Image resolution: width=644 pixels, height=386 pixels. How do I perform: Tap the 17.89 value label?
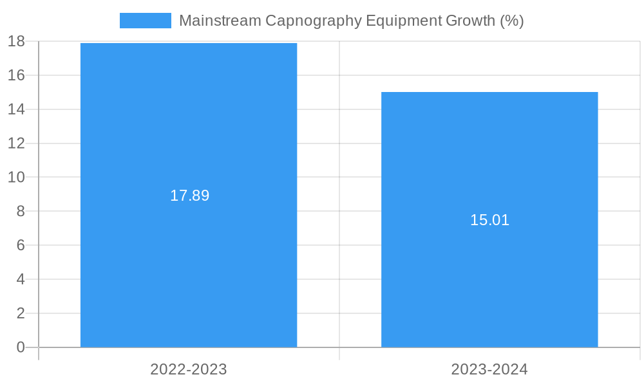tap(189, 196)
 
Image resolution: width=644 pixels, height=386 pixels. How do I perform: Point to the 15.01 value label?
tap(489, 220)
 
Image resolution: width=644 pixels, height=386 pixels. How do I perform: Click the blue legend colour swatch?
tap(146, 21)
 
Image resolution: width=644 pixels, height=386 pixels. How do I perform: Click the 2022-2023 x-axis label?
tap(189, 369)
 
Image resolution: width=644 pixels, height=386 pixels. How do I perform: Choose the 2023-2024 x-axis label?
tap(489, 369)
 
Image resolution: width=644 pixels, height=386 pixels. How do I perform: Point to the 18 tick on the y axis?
tap(16, 41)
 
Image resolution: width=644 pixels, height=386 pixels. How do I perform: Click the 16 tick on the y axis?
tap(16, 75)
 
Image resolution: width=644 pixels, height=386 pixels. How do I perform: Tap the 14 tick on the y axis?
tap(16, 109)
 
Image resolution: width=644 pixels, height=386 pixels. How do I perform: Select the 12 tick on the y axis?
tap(16, 143)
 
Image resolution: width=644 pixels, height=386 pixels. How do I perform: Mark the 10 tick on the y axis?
tap(16, 177)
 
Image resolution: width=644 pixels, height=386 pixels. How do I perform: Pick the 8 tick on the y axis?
tap(21, 211)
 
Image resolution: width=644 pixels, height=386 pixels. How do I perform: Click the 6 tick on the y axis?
tap(21, 245)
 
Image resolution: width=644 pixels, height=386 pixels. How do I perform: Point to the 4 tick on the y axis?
tap(21, 279)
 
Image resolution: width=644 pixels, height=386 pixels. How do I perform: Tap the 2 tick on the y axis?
tap(21, 313)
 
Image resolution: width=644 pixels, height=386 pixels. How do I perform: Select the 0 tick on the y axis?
tap(21, 347)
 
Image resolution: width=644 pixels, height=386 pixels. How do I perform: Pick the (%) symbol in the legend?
tap(512, 21)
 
